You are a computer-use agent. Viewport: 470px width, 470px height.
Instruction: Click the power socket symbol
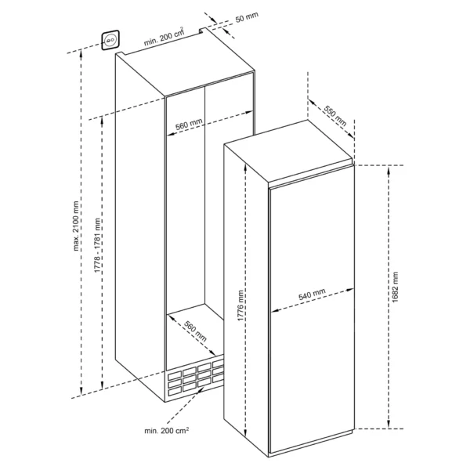[x=110, y=40]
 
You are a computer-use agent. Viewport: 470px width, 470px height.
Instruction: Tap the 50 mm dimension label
[x=247, y=17]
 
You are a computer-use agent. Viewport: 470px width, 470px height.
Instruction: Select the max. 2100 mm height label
[x=76, y=226]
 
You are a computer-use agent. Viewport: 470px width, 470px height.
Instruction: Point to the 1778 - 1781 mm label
[x=97, y=245]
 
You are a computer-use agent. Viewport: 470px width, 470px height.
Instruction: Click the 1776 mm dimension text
[x=240, y=305]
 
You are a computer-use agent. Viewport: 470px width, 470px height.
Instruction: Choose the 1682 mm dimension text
[x=395, y=287]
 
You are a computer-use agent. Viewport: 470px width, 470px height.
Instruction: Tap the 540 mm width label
[x=312, y=295]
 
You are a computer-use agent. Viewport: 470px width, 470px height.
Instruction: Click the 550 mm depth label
[x=335, y=116]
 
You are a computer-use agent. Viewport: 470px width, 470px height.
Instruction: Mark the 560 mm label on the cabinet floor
[x=195, y=331]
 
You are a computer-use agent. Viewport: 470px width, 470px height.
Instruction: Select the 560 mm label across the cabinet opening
[x=189, y=124]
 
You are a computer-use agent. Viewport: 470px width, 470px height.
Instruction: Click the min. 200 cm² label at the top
[x=164, y=37]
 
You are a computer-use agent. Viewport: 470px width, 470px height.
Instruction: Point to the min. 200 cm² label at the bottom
[x=167, y=430]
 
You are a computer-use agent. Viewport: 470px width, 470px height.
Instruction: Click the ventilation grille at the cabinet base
[x=195, y=378]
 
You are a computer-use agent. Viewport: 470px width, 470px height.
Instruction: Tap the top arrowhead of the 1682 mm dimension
[x=389, y=170]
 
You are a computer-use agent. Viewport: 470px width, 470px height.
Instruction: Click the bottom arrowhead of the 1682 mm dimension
[x=389, y=424]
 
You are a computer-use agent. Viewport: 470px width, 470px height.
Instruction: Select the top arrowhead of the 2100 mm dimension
[x=81, y=54]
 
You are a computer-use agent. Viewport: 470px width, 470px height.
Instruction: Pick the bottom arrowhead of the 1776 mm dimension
[x=245, y=432]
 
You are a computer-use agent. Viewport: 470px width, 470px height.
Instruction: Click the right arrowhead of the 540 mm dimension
[x=350, y=290]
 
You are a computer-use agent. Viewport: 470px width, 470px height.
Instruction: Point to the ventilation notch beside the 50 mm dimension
[x=203, y=31]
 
